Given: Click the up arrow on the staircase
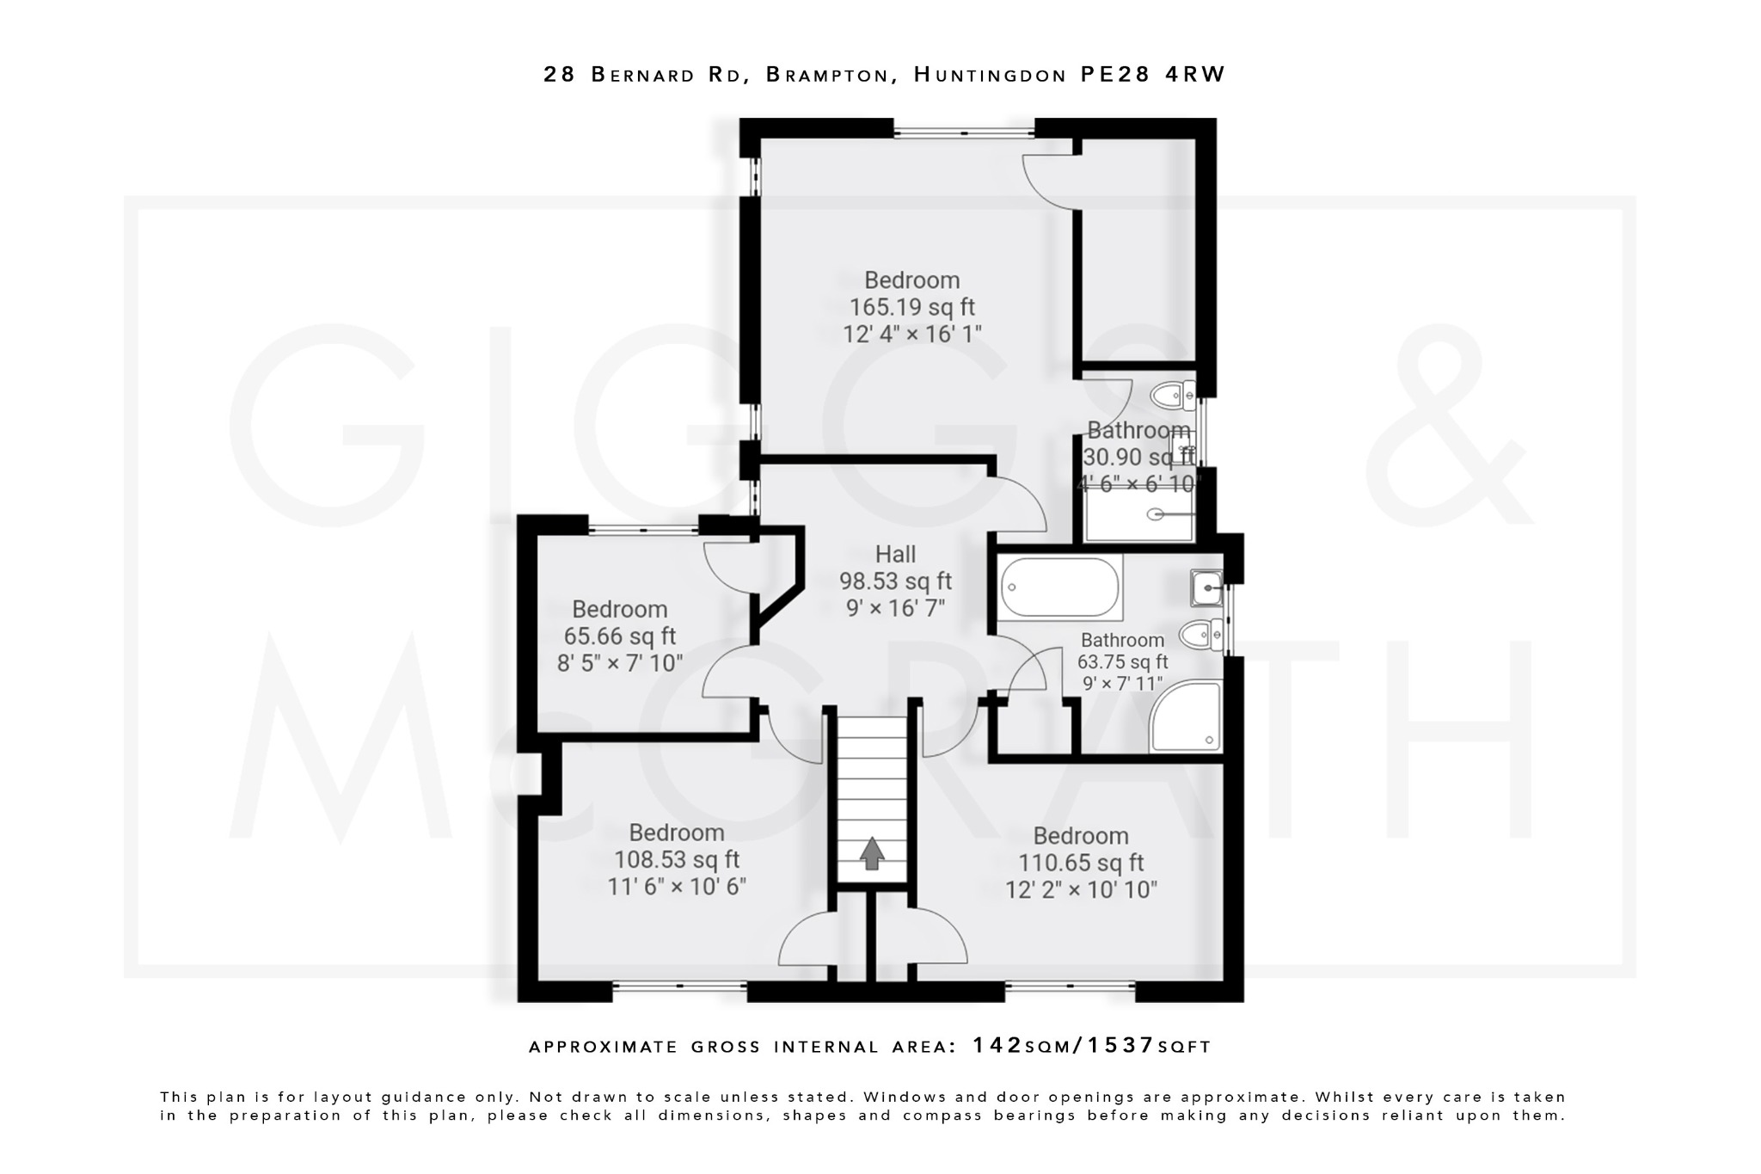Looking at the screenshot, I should pos(872,854).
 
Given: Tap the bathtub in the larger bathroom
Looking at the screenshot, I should pos(1060,588).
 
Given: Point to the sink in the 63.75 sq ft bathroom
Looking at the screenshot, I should pos(1207,588).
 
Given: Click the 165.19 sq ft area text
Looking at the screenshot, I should pos(911,307).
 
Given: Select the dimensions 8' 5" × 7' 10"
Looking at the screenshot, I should pos(619,663).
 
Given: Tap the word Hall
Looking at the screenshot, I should pos(895,555).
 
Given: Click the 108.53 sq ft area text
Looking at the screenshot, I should pos(676,860).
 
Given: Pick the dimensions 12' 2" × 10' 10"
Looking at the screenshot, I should pos(1081,890).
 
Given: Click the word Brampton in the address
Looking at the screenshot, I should pos(826,75).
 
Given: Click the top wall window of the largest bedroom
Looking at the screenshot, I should pos(963,132).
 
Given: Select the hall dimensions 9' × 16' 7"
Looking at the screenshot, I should pos(895,609).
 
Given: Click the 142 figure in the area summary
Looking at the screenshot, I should pos(997,1046).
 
